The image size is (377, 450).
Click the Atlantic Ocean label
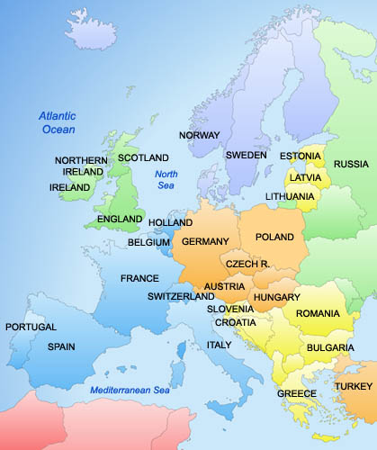(58, 122)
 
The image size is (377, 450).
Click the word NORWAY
(200, 135)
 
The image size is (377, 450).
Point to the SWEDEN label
(246, 155)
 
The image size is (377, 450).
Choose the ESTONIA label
(300, 156)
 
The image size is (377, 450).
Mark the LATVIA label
(305, 177)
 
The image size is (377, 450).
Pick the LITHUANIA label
(290, 196)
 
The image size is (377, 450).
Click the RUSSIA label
(351, 164)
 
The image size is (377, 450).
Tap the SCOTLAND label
(144, 157)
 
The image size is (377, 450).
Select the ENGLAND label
(119, 219)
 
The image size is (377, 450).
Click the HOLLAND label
(170, 222)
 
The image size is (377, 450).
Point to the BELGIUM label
(148, 242)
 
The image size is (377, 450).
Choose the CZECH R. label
(247, 264)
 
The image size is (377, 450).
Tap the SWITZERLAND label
(181, 296)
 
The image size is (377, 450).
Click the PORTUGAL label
(31, 327)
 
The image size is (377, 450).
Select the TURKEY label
(352, 386)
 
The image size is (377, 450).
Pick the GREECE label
(297, 394)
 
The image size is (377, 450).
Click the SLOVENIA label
(230, 309)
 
